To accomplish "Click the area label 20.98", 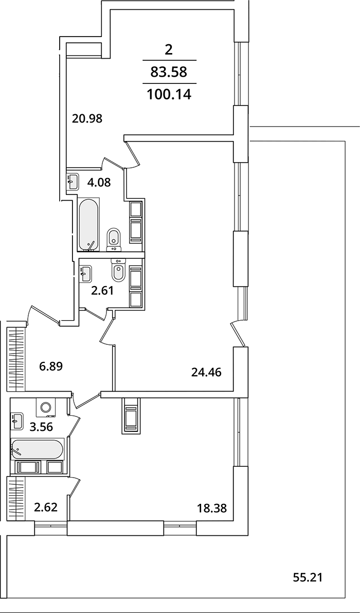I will pos(87,118).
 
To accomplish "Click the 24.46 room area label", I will pos(206,372).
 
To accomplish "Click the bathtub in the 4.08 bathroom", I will pos(89,225).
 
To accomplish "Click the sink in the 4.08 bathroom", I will pos(73,181).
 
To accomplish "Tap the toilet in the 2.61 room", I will pos(119,272).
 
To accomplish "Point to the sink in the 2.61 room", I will pos(85,272).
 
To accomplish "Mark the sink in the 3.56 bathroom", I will pos(17,421).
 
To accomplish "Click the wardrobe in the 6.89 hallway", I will pos(15,359).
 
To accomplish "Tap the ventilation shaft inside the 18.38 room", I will pos(130,415).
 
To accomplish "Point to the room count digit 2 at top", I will pos(168,50).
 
